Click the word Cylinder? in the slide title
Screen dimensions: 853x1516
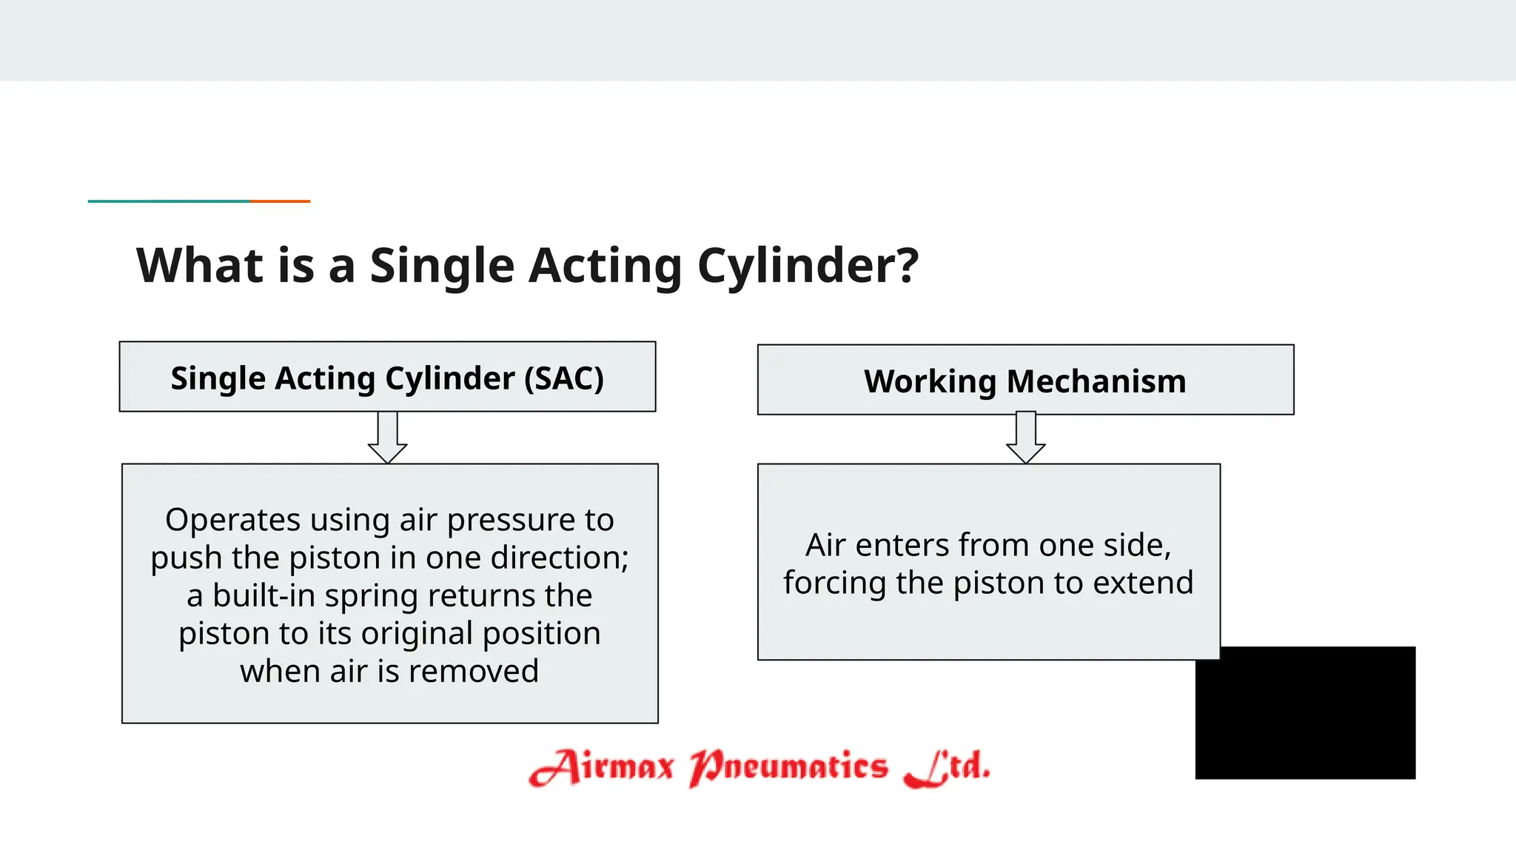(808, 266)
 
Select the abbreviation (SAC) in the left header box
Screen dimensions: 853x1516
(564, 378)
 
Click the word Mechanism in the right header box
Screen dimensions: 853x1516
(1096, 382)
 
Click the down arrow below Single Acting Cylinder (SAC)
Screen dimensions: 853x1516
(388, 438)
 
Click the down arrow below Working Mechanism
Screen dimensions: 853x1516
(1026, 438)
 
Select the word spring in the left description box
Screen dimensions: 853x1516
(362, 596)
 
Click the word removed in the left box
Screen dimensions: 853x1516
(473, 672)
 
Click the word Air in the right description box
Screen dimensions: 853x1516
(825, 546)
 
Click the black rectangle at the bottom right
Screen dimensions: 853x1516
(1305, 712)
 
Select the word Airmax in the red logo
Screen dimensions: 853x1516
(602, 767)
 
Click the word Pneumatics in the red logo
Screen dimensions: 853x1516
(788, 767)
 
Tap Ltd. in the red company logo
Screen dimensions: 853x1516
(947, 767)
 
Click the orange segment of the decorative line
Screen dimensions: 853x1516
(280, 201)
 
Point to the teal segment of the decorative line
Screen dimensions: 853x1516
(169, 201)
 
